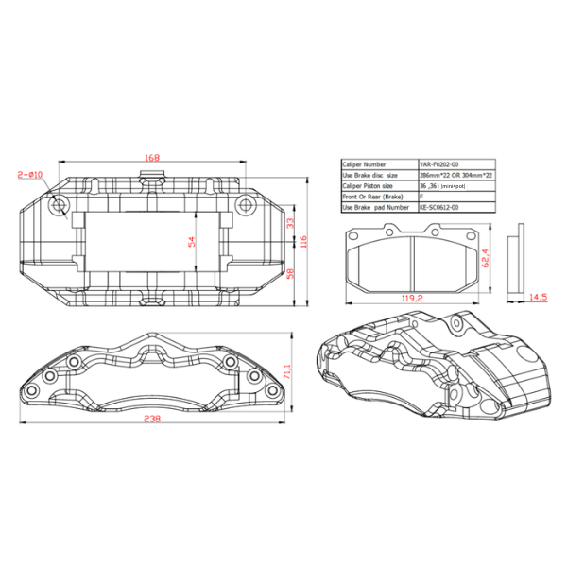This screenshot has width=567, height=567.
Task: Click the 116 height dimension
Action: click(304, 243)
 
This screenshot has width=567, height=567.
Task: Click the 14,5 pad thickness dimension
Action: click(537, 296)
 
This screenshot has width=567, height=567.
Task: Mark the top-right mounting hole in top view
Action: click(244, 202)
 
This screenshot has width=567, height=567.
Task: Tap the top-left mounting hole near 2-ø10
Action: click(60, 203)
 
